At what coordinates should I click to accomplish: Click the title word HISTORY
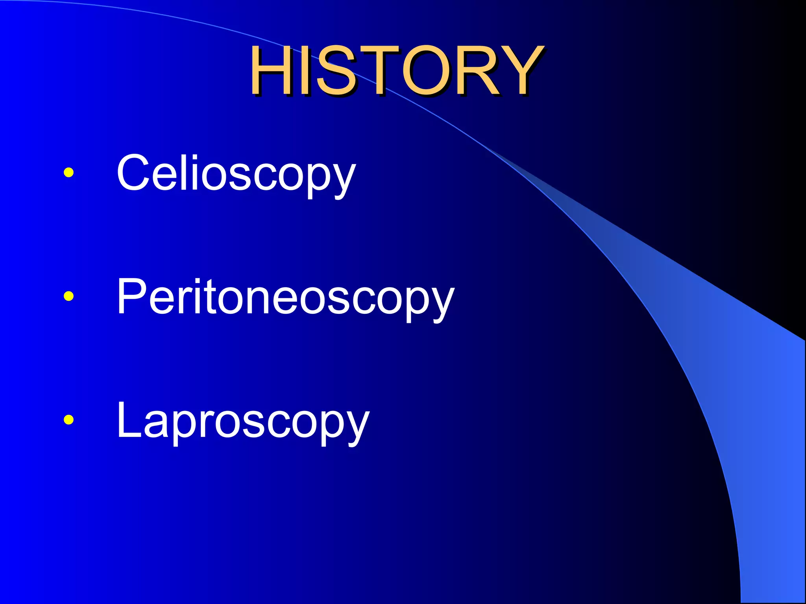pos(396,71)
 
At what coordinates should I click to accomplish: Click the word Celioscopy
pos(236,173)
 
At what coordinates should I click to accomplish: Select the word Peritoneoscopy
pos(285,297)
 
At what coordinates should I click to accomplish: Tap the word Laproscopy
pos(243,421)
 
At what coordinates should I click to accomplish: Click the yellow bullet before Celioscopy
pos(68,172)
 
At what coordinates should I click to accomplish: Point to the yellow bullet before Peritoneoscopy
pos(68,296)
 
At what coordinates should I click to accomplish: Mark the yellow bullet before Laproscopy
pos(68,420)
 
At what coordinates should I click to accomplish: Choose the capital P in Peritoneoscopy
pos(132,296)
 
